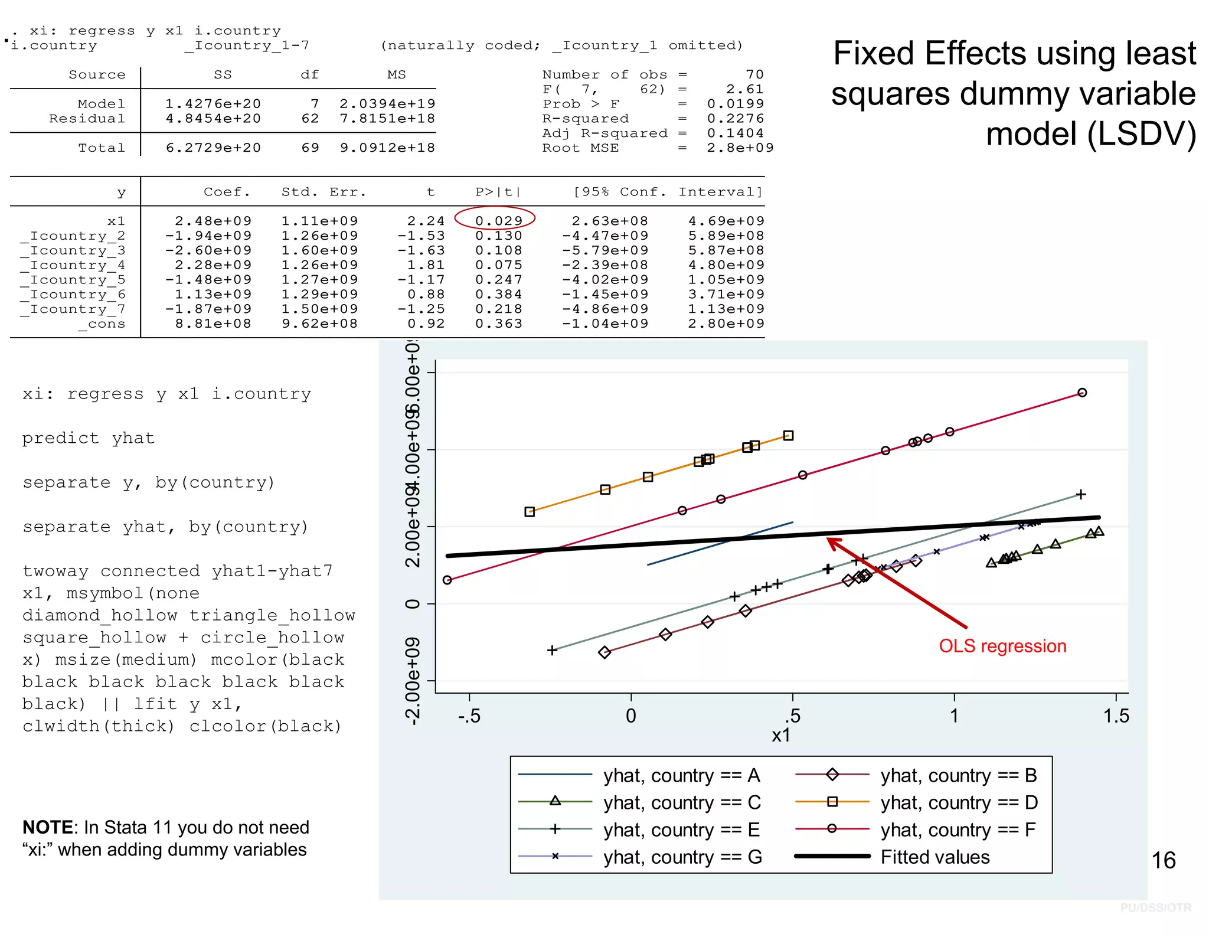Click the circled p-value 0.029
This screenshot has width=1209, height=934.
tap(498, 221)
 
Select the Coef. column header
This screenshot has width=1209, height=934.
tap(227, 192)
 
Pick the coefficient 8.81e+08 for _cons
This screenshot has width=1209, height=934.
tap(213, 324)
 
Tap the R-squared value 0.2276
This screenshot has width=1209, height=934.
tap(735, 119)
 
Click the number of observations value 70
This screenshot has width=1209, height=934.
tap(754, 74)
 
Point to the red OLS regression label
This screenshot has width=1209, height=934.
tap(1002, 646)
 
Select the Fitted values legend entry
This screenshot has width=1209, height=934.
tap(934, 857)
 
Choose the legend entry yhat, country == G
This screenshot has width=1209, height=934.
tap(682, 857)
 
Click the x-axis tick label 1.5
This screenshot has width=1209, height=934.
tap(1116, 716)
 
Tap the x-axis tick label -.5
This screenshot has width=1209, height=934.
tap(469, 716)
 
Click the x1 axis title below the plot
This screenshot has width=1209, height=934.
tap(781, 736)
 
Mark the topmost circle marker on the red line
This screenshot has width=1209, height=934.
tap(1082, 393)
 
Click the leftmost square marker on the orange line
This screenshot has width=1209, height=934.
tap(530, 512)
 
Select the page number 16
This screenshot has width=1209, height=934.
tap(1163, 860)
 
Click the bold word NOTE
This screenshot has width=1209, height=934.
tap(47, 827)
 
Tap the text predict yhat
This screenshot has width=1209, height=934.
tap(89, 438)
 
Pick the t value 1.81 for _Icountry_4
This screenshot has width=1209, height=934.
tap(426, 265)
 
